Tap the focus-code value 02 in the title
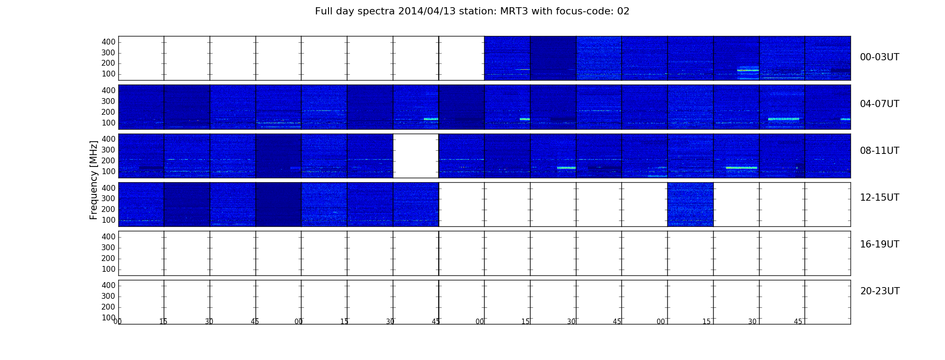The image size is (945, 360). coord(623,11)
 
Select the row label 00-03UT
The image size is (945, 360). coord(880,57)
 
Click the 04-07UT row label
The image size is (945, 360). coord(880,104)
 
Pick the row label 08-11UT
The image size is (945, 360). coord(880,151)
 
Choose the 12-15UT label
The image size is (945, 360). coord(880,198)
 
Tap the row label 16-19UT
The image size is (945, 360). coord(880,244)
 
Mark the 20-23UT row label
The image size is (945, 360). coord(880,291)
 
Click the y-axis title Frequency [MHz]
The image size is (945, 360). coord(94,180)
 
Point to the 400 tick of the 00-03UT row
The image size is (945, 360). coord(108,42)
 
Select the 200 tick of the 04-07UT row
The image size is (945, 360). coord(108,112)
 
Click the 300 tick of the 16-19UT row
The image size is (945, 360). coord(108,247)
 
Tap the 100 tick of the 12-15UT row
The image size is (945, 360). coord(108,220)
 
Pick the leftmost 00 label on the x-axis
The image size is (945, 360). coord(117,322)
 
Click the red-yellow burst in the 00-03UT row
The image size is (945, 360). coord(748,70)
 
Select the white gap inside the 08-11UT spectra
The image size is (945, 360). coord(416,156)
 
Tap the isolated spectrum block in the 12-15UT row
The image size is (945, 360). coord(690,204)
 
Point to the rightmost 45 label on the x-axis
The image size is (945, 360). coord(798,322)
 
